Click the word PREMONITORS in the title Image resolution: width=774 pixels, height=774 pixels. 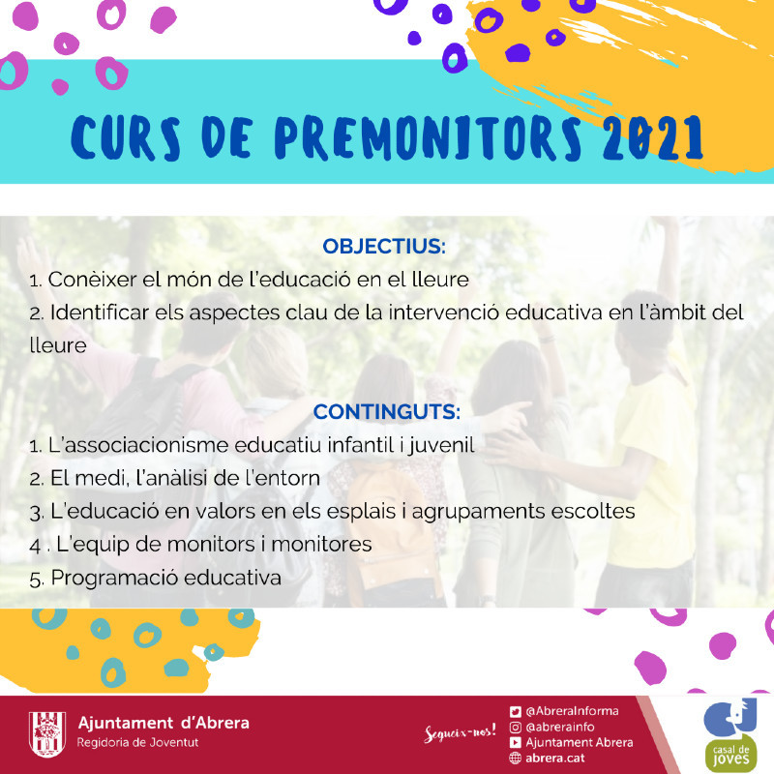tap(428, 138)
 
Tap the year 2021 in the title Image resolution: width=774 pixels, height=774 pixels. tap(652, 137)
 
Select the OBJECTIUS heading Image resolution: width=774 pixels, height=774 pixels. tap(384, 247)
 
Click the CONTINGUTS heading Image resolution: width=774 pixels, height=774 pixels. tap(386, 412)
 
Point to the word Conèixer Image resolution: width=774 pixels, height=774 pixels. tap(92, 280)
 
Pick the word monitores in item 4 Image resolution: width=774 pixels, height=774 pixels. tap(321, 545)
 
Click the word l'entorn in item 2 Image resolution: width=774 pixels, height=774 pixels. tap(283, 478)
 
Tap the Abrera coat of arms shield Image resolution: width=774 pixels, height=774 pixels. tap(46, 734)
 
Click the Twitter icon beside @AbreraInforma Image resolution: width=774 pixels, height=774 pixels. tap(516, 711)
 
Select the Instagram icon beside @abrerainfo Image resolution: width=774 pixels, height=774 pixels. tap(516, 728)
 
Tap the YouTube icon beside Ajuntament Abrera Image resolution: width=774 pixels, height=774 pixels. tap(516, 742)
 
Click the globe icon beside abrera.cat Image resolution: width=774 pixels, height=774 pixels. tap(516, 758)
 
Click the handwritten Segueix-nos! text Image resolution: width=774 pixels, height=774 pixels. tap(460, 733)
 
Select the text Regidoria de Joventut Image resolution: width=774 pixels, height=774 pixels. tap(137, 742)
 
